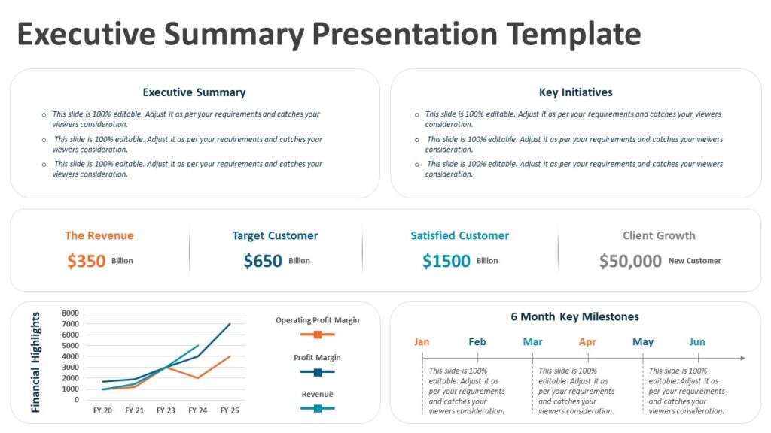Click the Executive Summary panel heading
point(194,92)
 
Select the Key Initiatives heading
point(575,92)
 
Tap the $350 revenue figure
point(86,261)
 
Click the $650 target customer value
point(263,261)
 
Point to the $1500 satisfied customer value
point(446,261)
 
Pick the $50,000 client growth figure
point(630,261)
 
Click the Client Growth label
point(659,235)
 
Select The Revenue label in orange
point(99,235)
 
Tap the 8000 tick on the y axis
point(70,313)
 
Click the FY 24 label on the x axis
point(198,410)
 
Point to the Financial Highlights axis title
point(35,362)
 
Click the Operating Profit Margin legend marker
point(318,335)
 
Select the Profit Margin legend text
point(317,358)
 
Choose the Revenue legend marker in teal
point(318,408)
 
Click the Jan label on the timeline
point(422,342)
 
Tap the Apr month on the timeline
point(587,342)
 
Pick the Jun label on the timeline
point(697,342)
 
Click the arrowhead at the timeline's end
point(742,358)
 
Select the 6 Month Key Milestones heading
point(574,317)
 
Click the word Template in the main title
point(574,35)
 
